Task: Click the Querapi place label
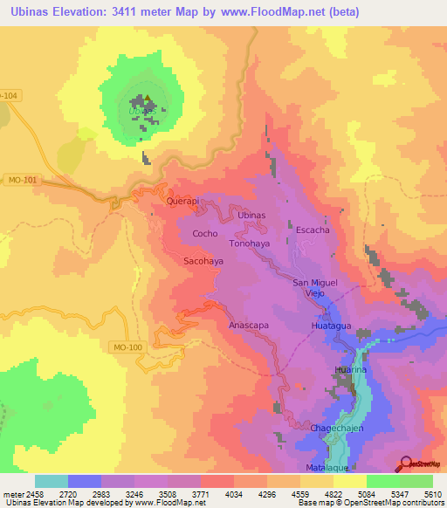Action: coord(183,201)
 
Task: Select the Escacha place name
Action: coord(313,230)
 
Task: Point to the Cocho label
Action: coord(204,234)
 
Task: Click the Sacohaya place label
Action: coord(203,261)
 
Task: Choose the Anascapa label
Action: coord(247,325)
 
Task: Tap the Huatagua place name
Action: coord(331,326)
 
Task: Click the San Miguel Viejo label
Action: coord(313,287)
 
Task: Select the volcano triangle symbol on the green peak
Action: coord(148,100)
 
